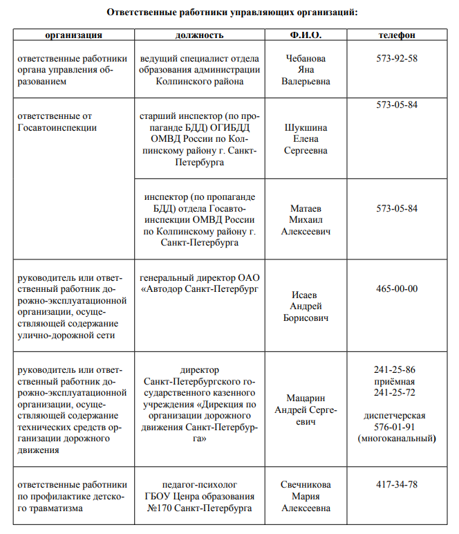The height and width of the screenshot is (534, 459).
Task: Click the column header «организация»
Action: pyautogui.click(x=74, y=35)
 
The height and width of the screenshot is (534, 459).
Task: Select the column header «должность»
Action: pyautogui.click(x=200, y=35)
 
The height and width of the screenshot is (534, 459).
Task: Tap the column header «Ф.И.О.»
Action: pyautogui.click(x=306, y=35)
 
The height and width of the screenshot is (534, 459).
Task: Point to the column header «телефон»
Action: pyautogui.click(x=397, y=35)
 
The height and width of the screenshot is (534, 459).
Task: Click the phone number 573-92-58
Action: pyautogui.click(x=397, y=58)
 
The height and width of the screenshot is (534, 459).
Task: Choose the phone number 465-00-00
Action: pyautogui.click(x=397, y=288)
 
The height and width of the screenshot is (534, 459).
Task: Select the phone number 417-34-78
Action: pyautogui.click(x=397, y=485)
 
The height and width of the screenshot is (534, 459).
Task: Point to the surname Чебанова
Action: pyautogui.click(x=306, y=58)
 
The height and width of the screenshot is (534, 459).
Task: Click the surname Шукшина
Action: pyautogui.click(x=306, y=128)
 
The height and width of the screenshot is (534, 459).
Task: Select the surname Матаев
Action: pyautogui.click(x=306, y=208)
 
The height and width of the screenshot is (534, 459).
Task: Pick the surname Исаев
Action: pyautogui.click(x=306, y=295)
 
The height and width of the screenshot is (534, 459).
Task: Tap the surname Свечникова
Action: pyautogui.click(x=306, y=485)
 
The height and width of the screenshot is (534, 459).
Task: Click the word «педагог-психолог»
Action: pyautogui.click(x=200, y=485)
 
